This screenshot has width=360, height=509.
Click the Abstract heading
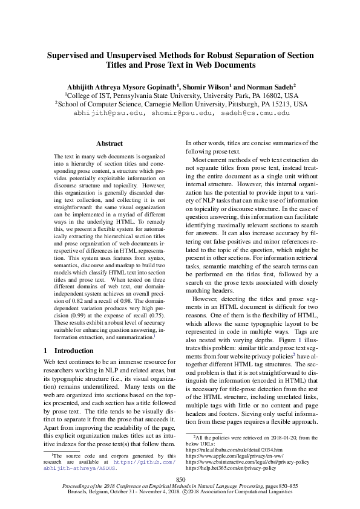point(110,143)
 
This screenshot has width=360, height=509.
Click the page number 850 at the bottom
point(180,479)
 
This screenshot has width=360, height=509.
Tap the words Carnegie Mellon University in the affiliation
point(203,104)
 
